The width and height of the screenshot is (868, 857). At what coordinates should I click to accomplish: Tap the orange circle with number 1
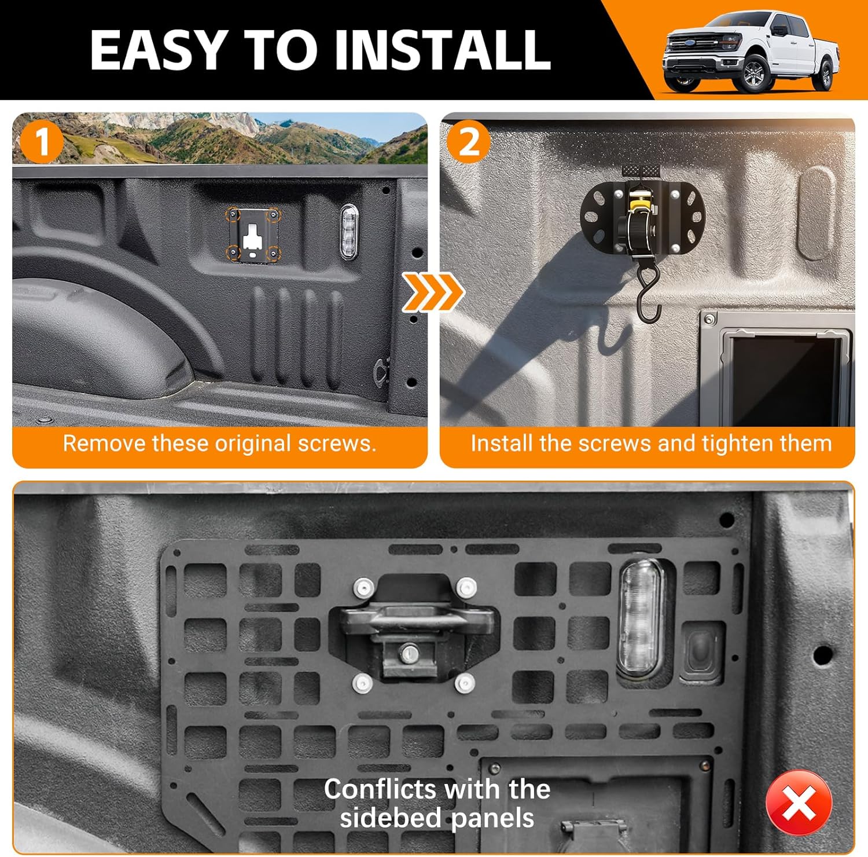[x=41, y=142]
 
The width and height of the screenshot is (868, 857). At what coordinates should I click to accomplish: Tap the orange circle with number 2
[x=468, y=142]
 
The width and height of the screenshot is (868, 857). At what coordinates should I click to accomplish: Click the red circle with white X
[x=799, y=803]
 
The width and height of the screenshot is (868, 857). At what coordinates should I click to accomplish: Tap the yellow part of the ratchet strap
[x=637, y=203]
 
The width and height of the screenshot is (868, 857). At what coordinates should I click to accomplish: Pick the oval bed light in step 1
[x=350, y=232]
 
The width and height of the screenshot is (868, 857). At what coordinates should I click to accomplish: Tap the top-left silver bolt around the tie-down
[x=363, y=588]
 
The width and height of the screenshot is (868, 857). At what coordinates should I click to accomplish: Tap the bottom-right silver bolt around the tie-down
[x=465, y=683]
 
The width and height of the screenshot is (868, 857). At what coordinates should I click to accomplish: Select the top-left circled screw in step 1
[x=233, y=215]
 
